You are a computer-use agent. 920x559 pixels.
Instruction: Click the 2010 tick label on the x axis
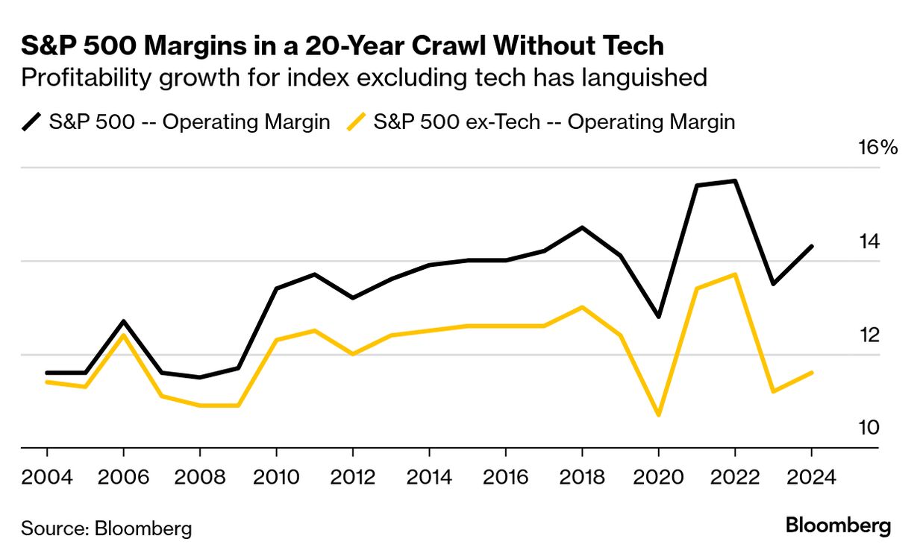(x=276, y=476)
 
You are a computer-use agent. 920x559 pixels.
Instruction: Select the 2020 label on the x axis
(x=658, y=476)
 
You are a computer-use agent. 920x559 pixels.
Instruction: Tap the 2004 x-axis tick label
(x=47, y=476)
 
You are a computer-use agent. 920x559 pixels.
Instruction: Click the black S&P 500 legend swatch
(x=32, y=122)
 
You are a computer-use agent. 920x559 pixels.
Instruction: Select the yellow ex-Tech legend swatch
(x=357, y=122)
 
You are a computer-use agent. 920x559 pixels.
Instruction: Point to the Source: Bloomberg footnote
(x=106, y=529)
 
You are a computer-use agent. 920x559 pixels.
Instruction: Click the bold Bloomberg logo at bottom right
(x=838, y=526)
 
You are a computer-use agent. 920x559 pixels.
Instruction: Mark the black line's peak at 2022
(x=735, y=181)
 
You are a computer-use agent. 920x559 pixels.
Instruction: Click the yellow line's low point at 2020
(x=658, y=415)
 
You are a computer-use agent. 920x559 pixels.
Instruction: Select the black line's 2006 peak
(x=123, y=321)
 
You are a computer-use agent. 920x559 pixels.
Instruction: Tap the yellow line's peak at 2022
(x=735, y=274)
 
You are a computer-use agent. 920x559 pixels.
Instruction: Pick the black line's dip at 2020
(x=658, y=317)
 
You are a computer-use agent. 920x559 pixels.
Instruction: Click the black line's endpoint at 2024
(x=812, y=246)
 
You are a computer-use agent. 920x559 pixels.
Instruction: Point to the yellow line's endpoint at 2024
(x=812, y=373)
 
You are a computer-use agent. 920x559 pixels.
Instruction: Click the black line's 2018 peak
(x=582, y=227)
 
